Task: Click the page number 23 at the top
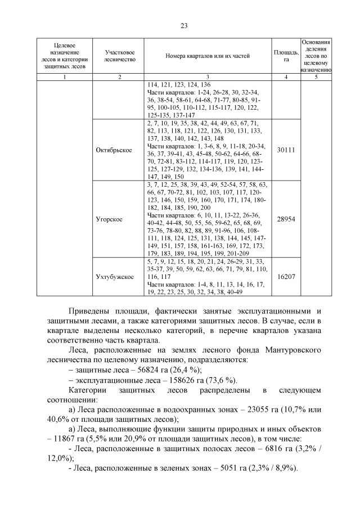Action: tap(183, 25)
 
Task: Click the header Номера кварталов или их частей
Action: tap(208, 56)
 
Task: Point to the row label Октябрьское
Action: tap(119, 150)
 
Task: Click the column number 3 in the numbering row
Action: tap(208, 76)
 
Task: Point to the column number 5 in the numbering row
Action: tap(316, 76)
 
